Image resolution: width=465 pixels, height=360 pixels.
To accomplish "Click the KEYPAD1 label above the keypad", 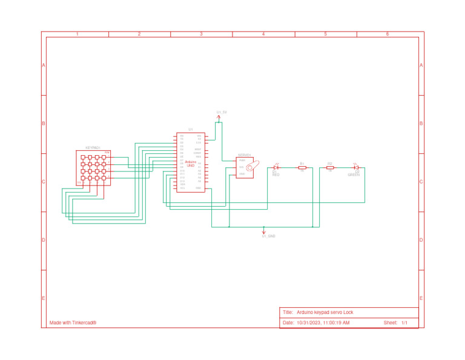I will click(x=93, y=148).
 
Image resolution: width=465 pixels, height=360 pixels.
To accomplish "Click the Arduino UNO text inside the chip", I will click(x=190, y=164).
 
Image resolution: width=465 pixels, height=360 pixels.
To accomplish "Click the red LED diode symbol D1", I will click(x=276, y=167).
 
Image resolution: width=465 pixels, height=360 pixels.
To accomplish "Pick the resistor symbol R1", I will click(x=302, y=167).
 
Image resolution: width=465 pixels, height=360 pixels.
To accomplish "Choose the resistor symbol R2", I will click(x=330, y=167).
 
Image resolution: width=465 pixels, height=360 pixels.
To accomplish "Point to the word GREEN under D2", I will click(x=354, y=175).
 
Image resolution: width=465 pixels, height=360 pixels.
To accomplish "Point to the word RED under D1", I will click(x=275, y=175).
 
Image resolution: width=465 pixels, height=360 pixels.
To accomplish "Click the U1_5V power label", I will click(x=222, y=113).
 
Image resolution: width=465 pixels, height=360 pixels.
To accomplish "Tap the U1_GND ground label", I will click(x=268, y=236).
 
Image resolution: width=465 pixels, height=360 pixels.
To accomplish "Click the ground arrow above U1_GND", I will click(x=263, y=230).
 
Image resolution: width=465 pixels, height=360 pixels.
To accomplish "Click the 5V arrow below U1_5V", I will click(x=218, y=119).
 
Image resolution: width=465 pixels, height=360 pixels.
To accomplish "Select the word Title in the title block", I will click(x=288, y=312).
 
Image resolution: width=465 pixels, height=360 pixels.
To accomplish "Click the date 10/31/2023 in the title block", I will click(x=309, y=322).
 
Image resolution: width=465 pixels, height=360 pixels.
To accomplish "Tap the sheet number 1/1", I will click(x=404, y=322).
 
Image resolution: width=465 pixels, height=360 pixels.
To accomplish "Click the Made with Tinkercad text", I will click(x=73, y=322).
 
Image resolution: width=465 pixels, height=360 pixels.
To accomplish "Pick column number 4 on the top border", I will click(x=263, y=35).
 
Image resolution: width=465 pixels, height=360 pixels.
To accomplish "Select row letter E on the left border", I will click(x=43, y=298).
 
